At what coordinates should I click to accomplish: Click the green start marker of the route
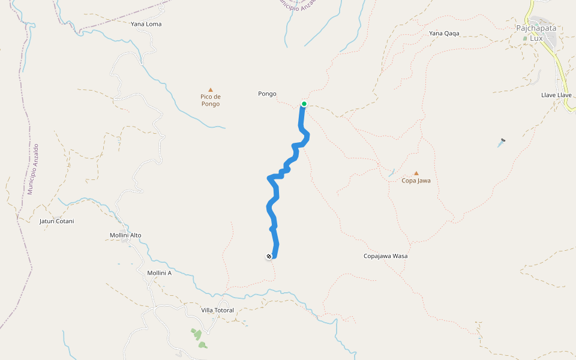304,104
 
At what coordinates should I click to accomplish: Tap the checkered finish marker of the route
269,256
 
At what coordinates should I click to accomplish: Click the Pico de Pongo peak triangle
211,90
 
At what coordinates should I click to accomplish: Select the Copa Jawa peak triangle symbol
416,173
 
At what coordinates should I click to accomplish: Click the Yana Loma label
146,25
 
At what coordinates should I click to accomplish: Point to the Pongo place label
267,94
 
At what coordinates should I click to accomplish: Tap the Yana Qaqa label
444,34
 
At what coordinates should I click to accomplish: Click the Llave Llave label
556,95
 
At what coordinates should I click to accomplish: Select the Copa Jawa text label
416,181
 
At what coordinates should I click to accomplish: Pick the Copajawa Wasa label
385,256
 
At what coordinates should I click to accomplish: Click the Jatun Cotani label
56,221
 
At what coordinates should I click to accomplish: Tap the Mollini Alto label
125,235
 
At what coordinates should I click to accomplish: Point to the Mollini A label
159,273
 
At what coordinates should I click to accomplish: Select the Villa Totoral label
217,310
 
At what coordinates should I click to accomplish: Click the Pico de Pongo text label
211,100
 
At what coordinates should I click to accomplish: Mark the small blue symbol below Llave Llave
502,143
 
